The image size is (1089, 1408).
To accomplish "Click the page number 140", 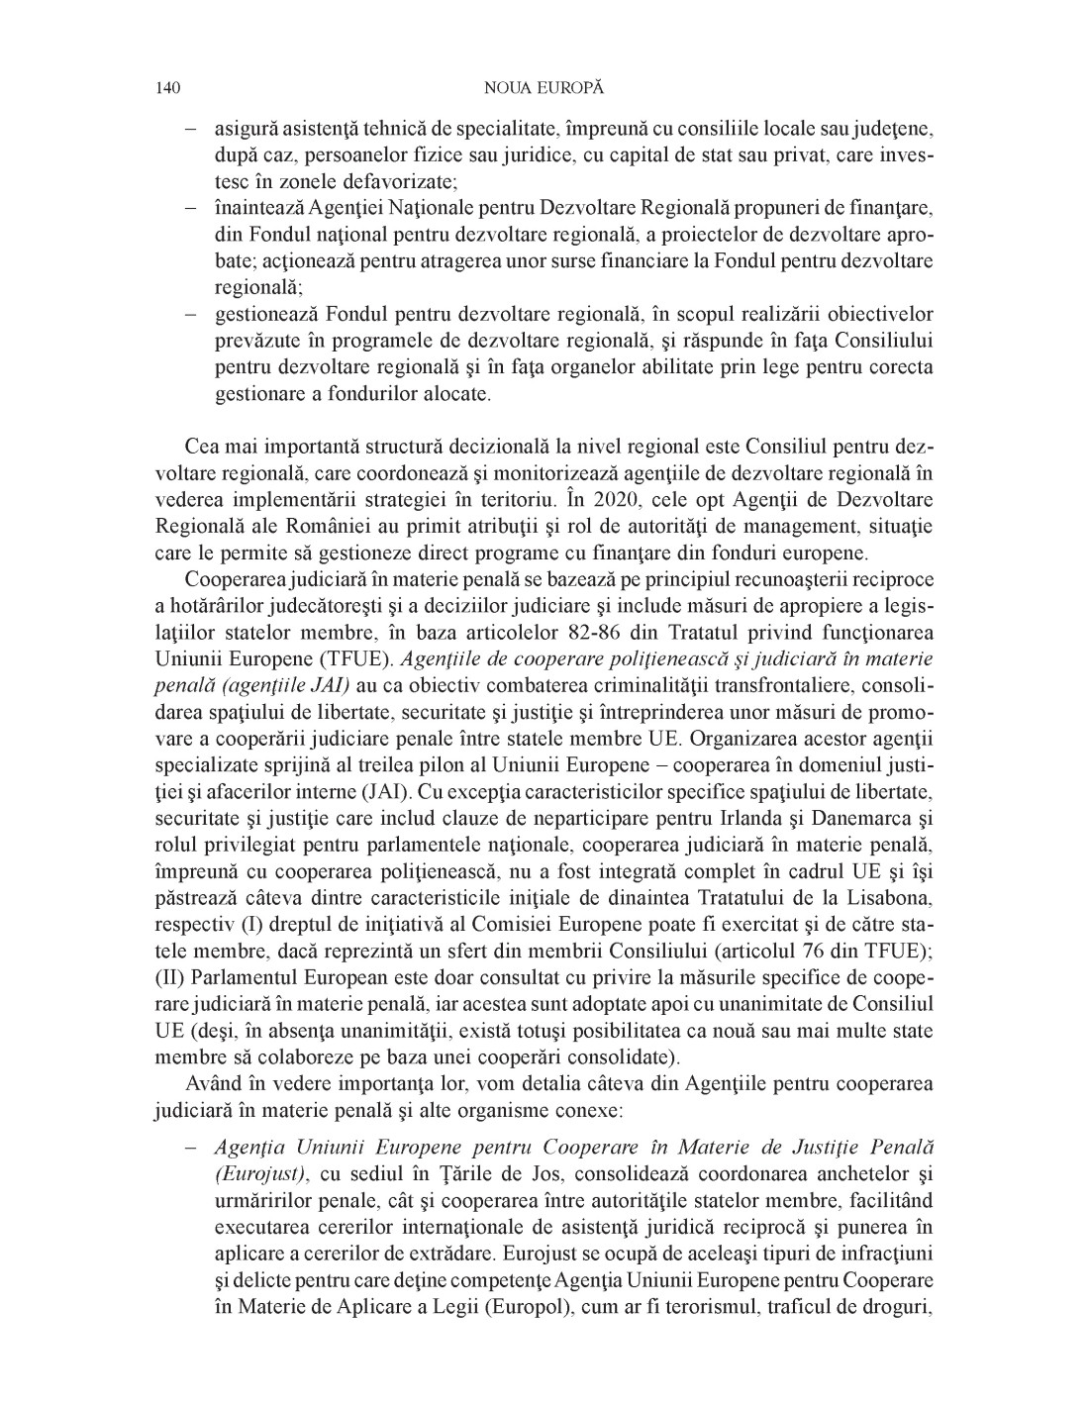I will point(166,88).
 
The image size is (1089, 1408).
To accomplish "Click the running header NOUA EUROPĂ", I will point(544,88).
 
